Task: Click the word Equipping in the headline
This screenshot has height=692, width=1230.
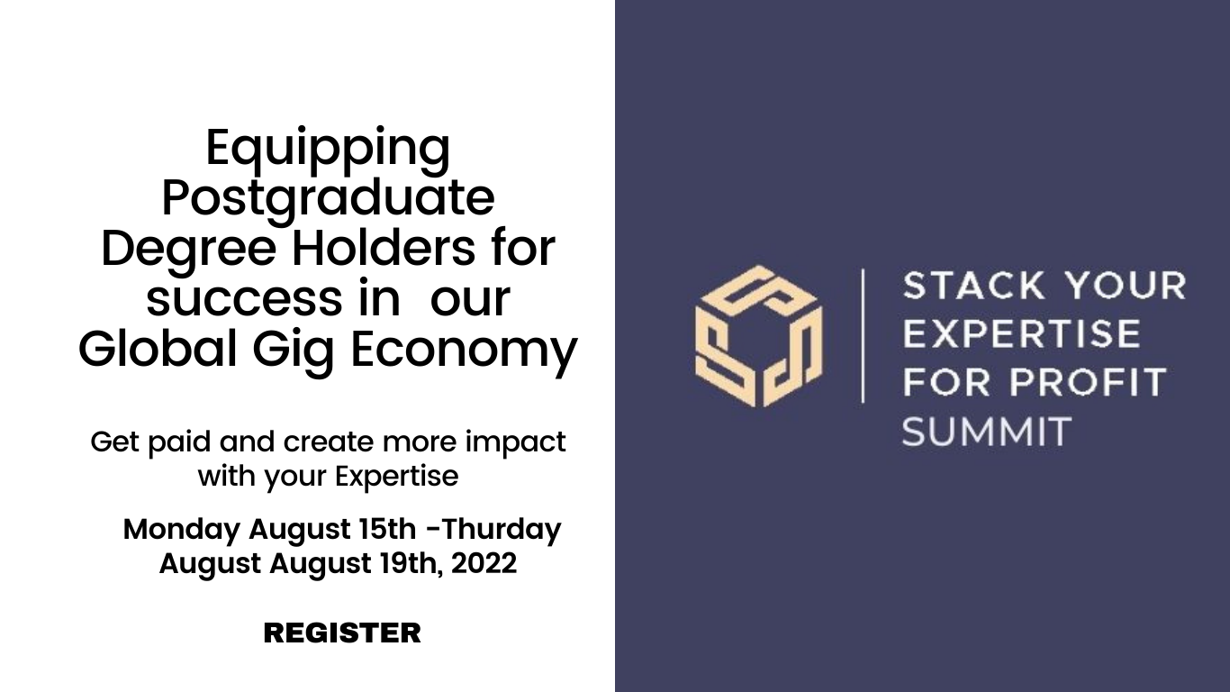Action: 328,150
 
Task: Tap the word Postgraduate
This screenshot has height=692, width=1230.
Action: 328,200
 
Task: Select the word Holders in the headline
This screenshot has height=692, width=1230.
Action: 384,249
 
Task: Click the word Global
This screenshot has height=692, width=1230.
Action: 158,348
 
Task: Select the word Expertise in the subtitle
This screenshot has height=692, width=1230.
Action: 396,477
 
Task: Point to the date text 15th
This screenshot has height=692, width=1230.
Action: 387,529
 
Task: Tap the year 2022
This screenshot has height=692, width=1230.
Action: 484,563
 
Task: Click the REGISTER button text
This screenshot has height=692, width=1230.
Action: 342,633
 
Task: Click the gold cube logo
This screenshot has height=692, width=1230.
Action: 758,336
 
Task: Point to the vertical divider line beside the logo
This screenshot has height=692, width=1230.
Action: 864,336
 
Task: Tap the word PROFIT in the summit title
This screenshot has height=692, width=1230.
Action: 1088,382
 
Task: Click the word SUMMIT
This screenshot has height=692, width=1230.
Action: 987,431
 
